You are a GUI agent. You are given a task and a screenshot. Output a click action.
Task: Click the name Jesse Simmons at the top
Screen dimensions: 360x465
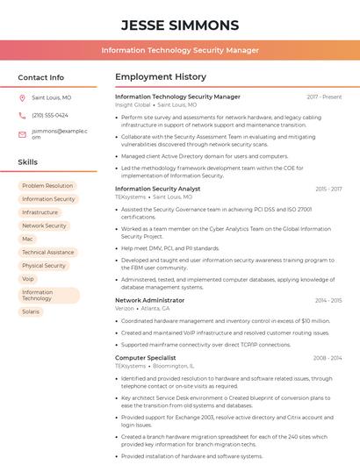point(180,25)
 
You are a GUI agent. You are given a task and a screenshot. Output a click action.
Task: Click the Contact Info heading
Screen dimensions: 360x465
point(41,77)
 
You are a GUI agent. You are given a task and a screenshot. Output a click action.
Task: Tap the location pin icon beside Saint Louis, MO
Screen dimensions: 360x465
point(22,97)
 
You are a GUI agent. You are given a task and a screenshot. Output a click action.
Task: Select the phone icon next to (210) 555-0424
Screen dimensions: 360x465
point(22,115)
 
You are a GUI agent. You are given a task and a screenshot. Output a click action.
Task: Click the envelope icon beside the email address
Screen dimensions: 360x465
point(22,134)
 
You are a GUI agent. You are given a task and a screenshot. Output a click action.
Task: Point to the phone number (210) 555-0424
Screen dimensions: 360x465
point(50,115)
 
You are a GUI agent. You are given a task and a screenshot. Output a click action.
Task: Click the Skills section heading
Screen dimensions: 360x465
point(28,162)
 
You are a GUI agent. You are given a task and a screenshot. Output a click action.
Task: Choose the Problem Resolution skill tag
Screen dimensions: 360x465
point(47,186)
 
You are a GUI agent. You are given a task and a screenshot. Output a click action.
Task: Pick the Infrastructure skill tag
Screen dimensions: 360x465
point(40,212)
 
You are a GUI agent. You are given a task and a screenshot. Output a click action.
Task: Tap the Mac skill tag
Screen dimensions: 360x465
point(28,239)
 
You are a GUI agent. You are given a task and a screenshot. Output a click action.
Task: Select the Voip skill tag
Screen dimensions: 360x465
point(28,279)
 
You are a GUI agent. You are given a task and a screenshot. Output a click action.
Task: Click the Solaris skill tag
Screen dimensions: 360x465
point(31,311)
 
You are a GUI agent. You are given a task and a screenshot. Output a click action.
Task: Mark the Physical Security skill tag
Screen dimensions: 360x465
point(44,266)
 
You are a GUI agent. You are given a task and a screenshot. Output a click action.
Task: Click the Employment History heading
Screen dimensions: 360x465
point(161,77)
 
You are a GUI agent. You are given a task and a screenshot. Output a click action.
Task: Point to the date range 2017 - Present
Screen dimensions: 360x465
point(324,97)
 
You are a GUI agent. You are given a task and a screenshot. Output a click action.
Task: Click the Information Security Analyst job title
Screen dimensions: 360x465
point(158,189)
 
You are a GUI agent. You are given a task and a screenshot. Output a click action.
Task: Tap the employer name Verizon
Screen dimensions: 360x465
point(125,309)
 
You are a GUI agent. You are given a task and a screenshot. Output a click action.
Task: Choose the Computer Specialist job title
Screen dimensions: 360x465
point(146,358)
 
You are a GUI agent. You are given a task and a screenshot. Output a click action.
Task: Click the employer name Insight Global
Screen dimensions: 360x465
point(133,104)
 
